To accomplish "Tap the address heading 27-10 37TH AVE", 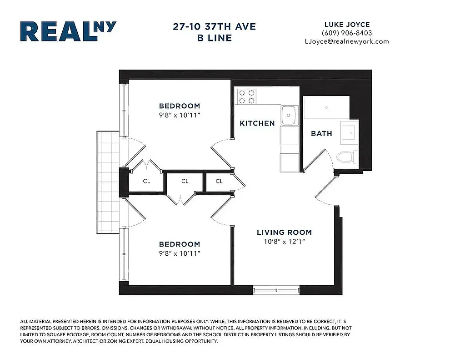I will [x=214, y=27].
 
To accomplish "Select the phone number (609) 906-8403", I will [x=346, y=33].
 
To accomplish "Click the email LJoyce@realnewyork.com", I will [x=346, y=41].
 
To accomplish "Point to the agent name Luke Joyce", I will [x=346, y=25].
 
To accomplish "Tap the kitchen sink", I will [x=289, y=116].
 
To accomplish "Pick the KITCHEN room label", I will [x=257, y=123].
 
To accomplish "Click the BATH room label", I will [x=321, y=133].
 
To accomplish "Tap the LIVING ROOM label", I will [x=284, y=232].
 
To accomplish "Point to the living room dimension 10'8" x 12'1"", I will [x=284, y=241].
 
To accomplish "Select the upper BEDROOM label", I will [x=180, y=106].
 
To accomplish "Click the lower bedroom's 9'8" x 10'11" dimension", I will [x=180, y=253].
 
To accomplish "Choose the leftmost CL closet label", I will [x=146, y=181].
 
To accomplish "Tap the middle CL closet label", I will [x=185, y=181].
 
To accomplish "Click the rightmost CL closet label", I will [x=219, y=181].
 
